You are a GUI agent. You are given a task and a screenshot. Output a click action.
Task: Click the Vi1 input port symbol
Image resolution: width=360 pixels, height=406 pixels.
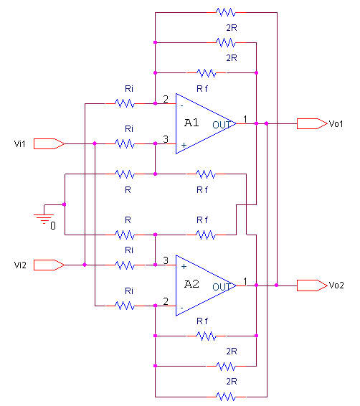click(49, 143)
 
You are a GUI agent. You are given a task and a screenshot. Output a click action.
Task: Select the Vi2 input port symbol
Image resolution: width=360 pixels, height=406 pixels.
click(49, 265)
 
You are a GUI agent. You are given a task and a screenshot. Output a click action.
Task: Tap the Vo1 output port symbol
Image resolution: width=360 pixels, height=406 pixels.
click(312, 124)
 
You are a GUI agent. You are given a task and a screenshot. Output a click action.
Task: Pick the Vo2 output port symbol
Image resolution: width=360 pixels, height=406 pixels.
click(312, 285)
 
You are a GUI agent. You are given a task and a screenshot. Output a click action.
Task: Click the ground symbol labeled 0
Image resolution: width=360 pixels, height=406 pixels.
click(44, 217)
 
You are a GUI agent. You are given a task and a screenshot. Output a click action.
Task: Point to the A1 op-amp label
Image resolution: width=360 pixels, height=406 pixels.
click(191, 123)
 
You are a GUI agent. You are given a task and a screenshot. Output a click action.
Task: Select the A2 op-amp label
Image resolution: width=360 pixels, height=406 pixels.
click(191, 284)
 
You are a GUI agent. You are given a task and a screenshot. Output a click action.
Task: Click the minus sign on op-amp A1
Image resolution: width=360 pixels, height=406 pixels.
click(181, 105)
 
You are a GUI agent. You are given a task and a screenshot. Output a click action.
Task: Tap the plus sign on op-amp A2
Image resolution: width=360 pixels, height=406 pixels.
click(184, 266)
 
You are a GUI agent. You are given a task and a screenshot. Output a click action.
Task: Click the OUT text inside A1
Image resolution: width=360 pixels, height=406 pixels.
click(222, 125)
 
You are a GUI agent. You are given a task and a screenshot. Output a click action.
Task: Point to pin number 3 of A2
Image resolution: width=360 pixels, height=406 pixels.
click(166, 260)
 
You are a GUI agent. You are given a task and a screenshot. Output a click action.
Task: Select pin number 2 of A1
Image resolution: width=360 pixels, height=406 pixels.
click(166, 99)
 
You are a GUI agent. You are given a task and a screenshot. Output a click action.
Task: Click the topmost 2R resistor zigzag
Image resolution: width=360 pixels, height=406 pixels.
click(226, 12)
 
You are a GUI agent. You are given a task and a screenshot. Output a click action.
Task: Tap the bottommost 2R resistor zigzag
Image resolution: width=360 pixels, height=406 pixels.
click(226, 397)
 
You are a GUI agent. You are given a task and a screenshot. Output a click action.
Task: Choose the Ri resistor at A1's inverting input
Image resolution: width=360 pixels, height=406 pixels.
click(125, 103)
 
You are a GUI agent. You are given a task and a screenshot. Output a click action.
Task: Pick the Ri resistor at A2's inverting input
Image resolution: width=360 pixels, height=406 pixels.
click(125, 306)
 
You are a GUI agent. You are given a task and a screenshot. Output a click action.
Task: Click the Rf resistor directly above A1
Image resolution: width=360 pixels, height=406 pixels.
click(207, 73)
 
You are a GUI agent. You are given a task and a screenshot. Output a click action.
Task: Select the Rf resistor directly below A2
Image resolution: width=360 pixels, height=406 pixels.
click(207, 336)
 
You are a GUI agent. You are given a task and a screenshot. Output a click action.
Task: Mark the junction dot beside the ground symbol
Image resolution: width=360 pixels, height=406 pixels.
click(65, 204)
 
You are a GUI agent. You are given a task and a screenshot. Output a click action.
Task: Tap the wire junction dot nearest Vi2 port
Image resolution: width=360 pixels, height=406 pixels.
click(85, 265)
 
